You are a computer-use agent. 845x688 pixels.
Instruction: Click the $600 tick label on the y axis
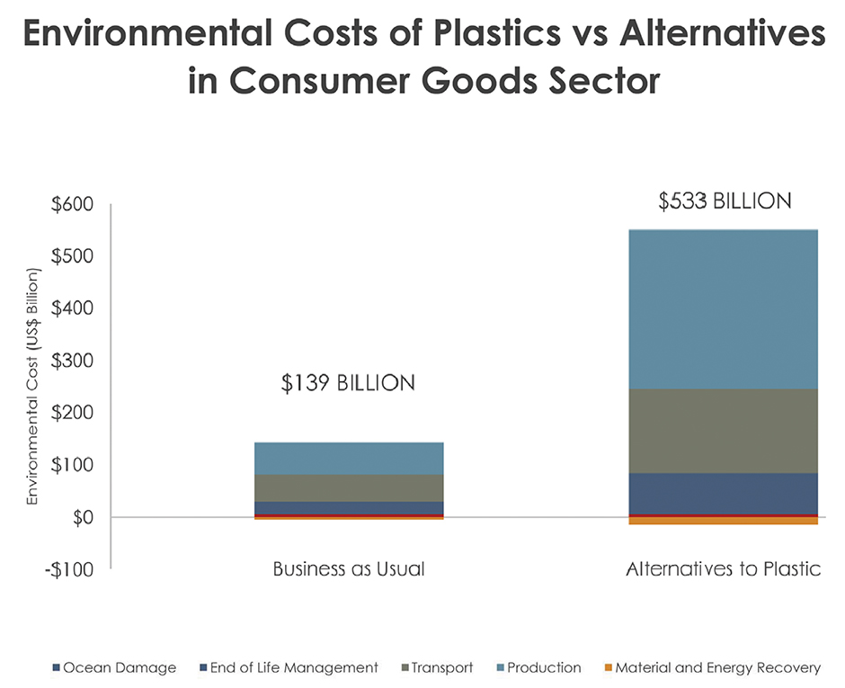(x=69, y=205)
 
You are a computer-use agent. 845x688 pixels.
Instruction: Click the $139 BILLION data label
(x=349, y=383)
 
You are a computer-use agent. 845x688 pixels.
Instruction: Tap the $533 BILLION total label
(x=725, y=201)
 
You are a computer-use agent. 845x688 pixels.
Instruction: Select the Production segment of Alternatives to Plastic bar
(x=723, y=308)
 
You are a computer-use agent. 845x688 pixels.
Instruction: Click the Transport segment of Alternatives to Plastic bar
(x=723, y=431)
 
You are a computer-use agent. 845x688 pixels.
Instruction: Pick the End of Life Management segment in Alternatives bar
(x=723, y=493)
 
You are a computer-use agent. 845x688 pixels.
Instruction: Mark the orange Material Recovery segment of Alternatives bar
(x=723, y=521)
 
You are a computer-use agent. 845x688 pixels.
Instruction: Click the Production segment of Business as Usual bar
(x=349, y=458)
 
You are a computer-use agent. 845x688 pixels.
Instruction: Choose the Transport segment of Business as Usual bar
(x=349, y=487)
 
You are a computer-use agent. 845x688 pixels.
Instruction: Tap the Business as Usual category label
(x=349, y=569)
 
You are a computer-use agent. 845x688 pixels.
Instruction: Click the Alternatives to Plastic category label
(x=723, y=569)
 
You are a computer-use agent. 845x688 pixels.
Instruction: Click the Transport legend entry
(x=441, y=667)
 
